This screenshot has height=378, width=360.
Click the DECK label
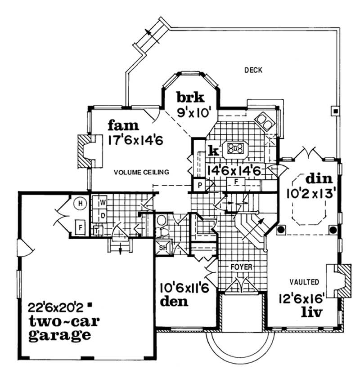click(253, 70)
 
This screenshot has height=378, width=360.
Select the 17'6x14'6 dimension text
click(135, 140)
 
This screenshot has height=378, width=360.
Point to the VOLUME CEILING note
click(141, 172)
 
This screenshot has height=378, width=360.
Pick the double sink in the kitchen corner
click(264, 120)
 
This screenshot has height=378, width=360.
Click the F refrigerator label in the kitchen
click(235, 182)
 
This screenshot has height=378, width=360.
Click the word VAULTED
click(305, 282)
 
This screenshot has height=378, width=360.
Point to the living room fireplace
click(340, 280)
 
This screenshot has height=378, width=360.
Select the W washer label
click(103, 202)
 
